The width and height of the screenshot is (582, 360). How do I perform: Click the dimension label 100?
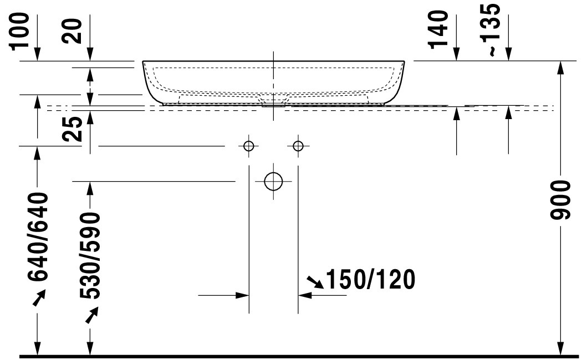pyautogui.click(x=19, y=31)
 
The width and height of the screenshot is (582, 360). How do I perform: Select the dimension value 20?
pyautogui.click(x=73, y=31)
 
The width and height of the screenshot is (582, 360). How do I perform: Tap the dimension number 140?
pyautogui.click(x=438, y=30)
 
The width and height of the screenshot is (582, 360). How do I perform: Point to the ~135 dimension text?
pyautogui.click(x=492, y=30)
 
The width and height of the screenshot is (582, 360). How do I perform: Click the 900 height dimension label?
pyautogui.click(x=560, y=200)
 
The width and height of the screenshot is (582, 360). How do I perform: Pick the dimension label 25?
pyautogui.click(x=73, y=129)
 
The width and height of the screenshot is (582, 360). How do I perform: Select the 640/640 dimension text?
pyautogui.click(x=38, y=236)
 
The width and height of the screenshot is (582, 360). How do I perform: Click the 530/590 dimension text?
pyautogui.click(x=90, y=256)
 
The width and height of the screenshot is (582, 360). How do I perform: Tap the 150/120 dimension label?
pyautogui.click(x=370, y=280)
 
